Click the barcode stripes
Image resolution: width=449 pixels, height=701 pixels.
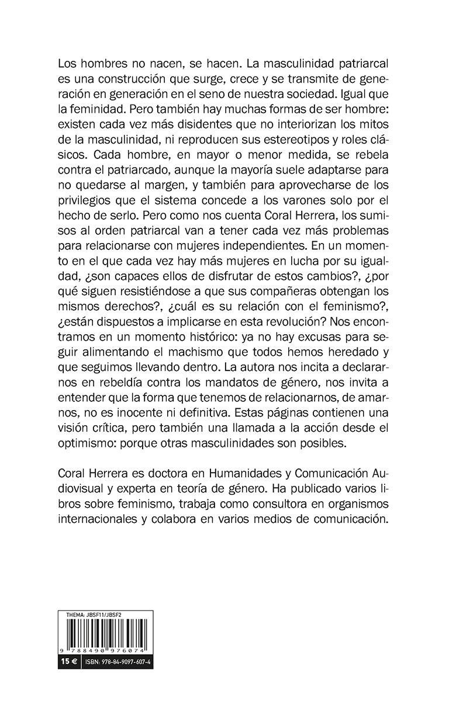coord(106,633)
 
